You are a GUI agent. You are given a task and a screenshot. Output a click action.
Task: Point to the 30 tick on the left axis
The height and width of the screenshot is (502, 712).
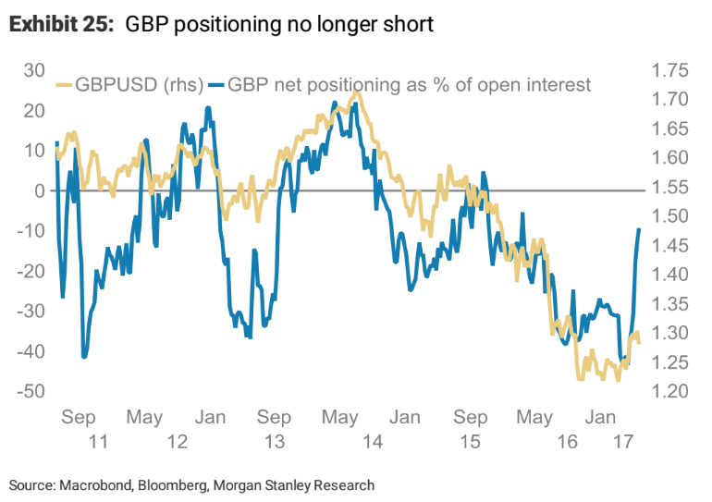point(35,70)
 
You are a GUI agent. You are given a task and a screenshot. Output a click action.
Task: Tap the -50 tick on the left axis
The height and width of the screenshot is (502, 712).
point(31,391)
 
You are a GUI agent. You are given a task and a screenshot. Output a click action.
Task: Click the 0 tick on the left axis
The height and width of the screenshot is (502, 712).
point(41,190)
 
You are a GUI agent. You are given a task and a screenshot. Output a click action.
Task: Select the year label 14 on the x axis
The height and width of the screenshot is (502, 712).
point(373,442)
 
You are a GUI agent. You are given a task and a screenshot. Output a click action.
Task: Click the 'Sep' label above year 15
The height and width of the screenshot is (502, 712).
point(471,418)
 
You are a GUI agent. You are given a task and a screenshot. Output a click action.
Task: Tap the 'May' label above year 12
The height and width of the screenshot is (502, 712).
point(144,418)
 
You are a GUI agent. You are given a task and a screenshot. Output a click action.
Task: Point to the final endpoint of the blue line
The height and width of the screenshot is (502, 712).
point(639,228)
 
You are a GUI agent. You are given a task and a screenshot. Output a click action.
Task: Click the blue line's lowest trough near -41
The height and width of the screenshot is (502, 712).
point(84,357)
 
